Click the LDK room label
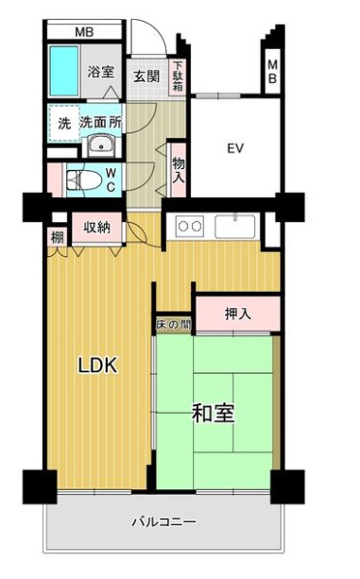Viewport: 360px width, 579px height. [x=97, y=366]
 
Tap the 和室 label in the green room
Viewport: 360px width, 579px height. [x=214, y=413]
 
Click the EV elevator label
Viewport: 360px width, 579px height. [x=234, y=147]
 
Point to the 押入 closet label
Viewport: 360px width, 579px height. [x=237, y=314]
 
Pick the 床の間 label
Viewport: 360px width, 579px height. [x=173, y=325]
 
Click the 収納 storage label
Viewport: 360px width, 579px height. [x=97, y=227]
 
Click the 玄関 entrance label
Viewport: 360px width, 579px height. [x=146, y=77]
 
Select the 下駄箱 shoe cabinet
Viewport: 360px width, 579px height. [x=178, y=77]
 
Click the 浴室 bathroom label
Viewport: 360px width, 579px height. [x=100, y=71]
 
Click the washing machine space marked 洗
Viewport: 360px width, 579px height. [x=63, y=123]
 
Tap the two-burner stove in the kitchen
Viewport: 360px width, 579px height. [x=190, y=227]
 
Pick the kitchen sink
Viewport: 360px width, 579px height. [x=231, y=227]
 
